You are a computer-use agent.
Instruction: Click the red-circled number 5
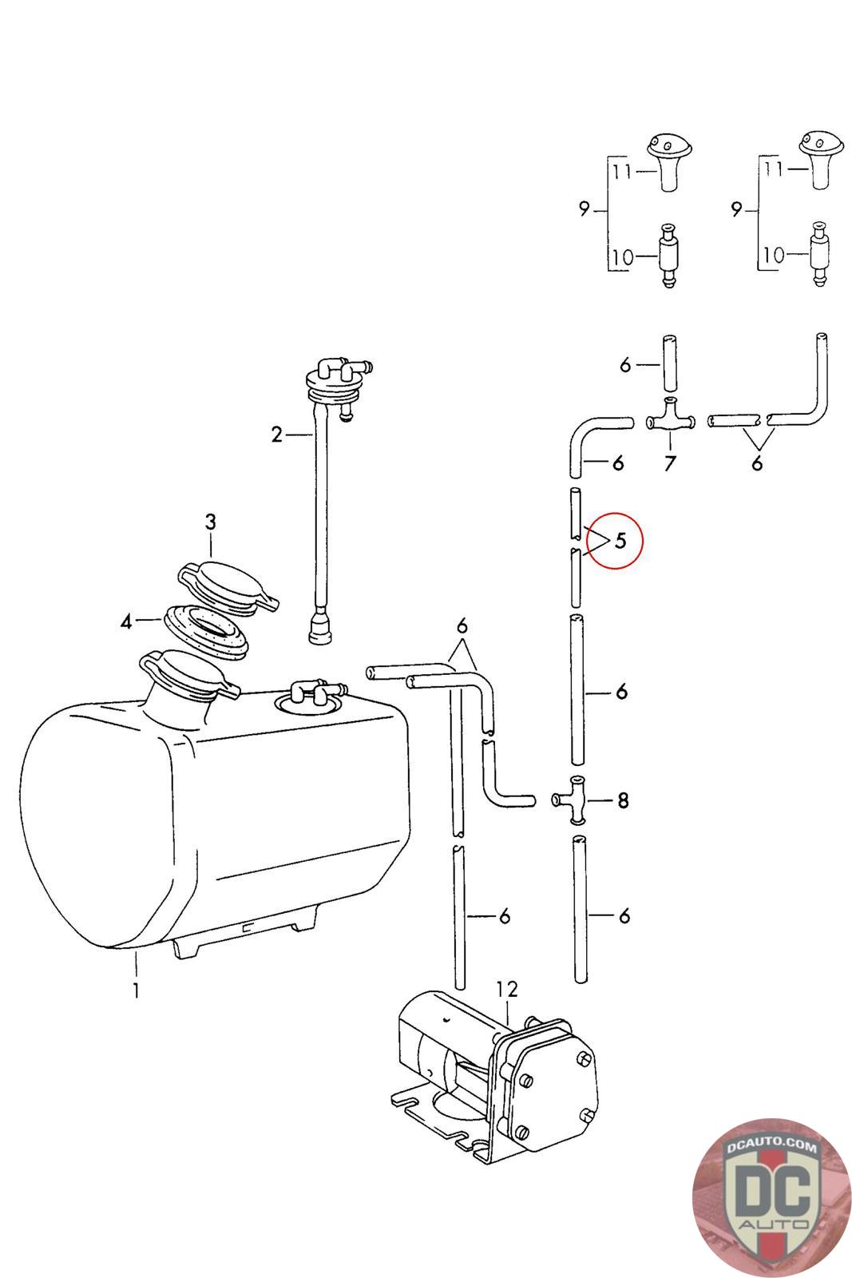620,541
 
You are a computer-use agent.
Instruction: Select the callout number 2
276,435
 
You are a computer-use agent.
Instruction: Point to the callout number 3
210,522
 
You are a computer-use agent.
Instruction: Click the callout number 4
126,620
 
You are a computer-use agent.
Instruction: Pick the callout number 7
669,462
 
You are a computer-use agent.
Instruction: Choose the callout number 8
623,800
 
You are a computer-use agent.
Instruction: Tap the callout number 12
507,990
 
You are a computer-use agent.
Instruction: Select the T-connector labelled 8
577,799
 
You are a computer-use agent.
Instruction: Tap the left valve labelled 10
667,256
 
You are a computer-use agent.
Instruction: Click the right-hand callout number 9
735,210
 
